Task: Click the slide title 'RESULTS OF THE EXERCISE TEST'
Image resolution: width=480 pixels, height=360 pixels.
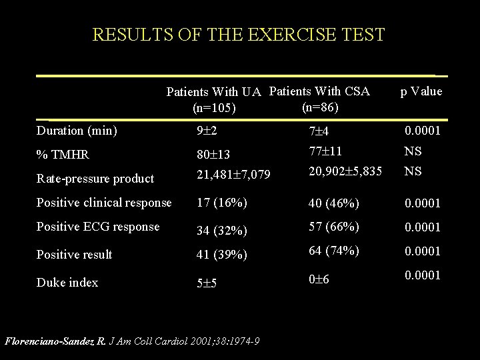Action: pyautogui.click(x=239, y=34)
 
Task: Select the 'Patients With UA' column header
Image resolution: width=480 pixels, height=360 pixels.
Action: pyautogui.click(x=214, y=92)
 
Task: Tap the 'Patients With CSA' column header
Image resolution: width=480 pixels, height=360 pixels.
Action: pyautogui.click(x=319, y=91)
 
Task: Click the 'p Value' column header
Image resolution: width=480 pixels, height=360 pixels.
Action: pyautogui.click(x=421, y=91)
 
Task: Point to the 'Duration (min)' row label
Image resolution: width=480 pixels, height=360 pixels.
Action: pyautogui.click(x=77, y=131)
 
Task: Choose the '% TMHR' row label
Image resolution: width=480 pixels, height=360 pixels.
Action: pyautogui.click(x=63, y=154)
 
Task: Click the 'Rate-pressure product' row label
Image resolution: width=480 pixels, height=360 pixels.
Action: pyautogui.click(x=95, y=179)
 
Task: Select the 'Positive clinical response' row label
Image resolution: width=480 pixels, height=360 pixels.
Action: pyautogui.click(x=104, y=203)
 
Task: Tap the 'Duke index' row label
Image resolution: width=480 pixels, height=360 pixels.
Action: pyautogui.click(x=67, y=282)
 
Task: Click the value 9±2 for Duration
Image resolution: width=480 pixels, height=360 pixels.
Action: pyautogui.click(x=207, y=131)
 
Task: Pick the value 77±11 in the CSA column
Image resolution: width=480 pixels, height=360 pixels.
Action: pyautogui.click(x=325, y=151)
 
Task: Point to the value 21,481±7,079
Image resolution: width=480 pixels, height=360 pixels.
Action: pyautogui.click(x=233, y=175)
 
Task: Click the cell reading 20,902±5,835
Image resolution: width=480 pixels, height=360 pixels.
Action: pyautogui.click(x=345, y=171)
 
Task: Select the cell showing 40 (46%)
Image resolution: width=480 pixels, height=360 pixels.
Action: pyautogui.click(x=334, y=203)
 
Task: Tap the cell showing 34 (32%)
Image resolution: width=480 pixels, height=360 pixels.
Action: pyautogui.click(x=221, y=230)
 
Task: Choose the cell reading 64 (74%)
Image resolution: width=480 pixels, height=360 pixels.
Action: pyautogui.click(x=334, y=251)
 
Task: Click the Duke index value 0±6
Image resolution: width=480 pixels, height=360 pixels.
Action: pyautogui.click(x=319, y=279)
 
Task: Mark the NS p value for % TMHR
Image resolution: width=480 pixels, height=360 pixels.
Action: pyautogui.click(x=413, y=151)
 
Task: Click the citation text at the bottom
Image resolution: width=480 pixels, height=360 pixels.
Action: pyautogui.click(x=132, y=341)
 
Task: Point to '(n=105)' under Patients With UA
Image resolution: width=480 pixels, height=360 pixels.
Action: pyautogui.click(x=214, y=108)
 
